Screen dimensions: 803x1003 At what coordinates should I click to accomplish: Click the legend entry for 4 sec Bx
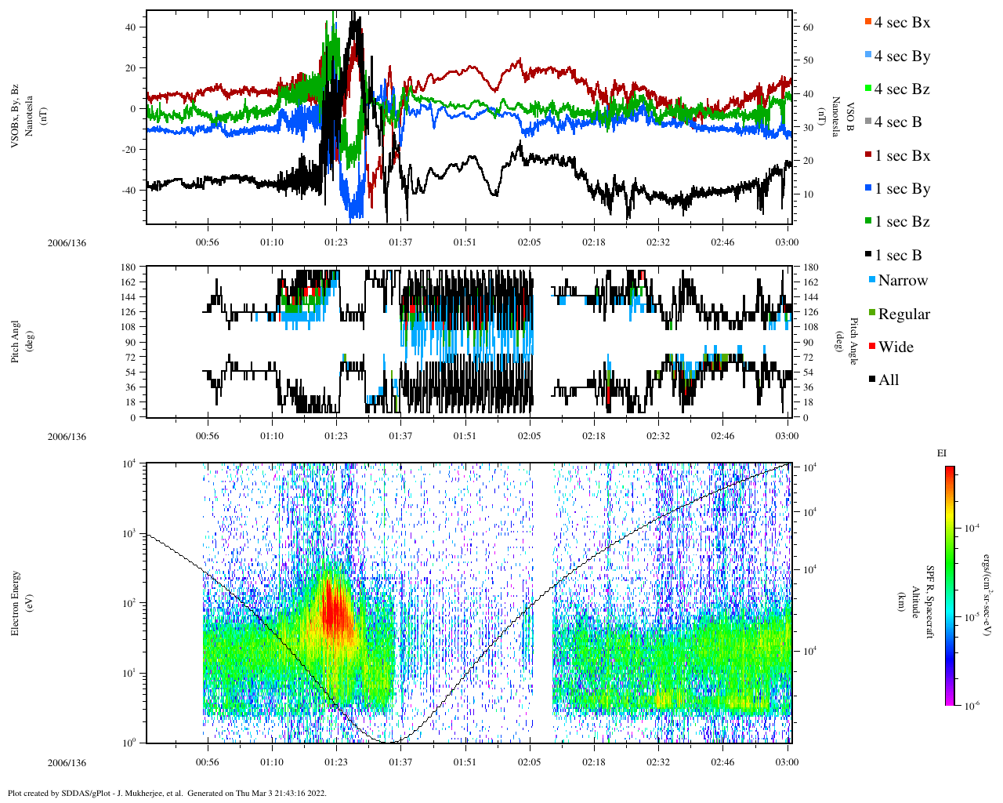click(x=901, y=23)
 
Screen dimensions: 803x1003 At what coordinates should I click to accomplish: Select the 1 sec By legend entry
click(x=902, y=189)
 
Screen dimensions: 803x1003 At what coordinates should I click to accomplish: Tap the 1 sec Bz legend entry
click(x=902, y=222)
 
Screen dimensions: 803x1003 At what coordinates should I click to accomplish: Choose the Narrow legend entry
click(x=902, y=281)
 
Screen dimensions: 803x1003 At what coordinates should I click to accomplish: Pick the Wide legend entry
click(x=895, y=347)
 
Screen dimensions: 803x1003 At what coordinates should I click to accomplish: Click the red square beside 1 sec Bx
click(x=867, y=155)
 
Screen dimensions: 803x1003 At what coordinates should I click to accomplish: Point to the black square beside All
click(x=872, y=380)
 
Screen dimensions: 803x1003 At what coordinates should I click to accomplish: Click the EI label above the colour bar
click(x=941, y=453)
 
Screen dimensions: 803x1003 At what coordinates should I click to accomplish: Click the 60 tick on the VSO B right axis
click(x=808, y=27)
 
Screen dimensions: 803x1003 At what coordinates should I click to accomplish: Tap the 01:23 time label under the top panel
click(x=336, y=243)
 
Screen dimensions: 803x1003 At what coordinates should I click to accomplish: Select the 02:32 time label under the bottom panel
click(x=658, y=762)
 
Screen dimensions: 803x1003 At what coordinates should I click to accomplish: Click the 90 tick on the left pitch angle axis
click(x=130, y=342)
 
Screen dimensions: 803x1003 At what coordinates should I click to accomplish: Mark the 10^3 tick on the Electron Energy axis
click(x=128, y=533)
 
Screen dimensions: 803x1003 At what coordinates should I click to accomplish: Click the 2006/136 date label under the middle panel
click(x=67, y=437)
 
